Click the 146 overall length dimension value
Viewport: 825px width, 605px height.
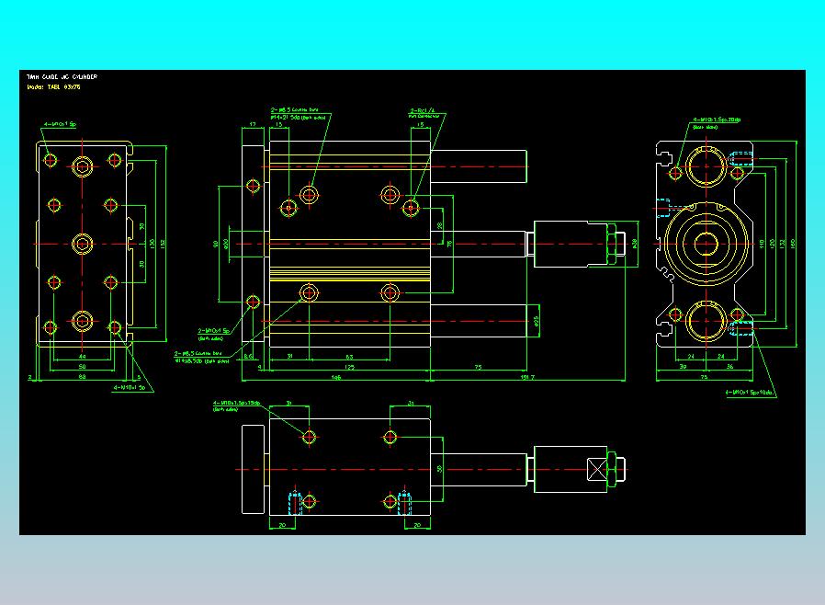336,376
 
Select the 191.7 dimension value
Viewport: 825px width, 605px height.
526,376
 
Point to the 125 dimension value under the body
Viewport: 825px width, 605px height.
350,366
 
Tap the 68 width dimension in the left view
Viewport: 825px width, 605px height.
82,376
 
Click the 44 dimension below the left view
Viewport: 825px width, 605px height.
82,356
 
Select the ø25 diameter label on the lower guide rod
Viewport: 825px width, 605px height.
537,321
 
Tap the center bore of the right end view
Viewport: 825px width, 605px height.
706,244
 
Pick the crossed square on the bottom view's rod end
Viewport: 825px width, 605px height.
602,469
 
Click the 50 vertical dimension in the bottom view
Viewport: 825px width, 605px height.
440,469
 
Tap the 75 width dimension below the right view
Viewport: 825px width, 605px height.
705,376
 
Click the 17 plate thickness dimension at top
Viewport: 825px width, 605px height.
252,124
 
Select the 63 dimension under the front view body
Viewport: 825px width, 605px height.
350,356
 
